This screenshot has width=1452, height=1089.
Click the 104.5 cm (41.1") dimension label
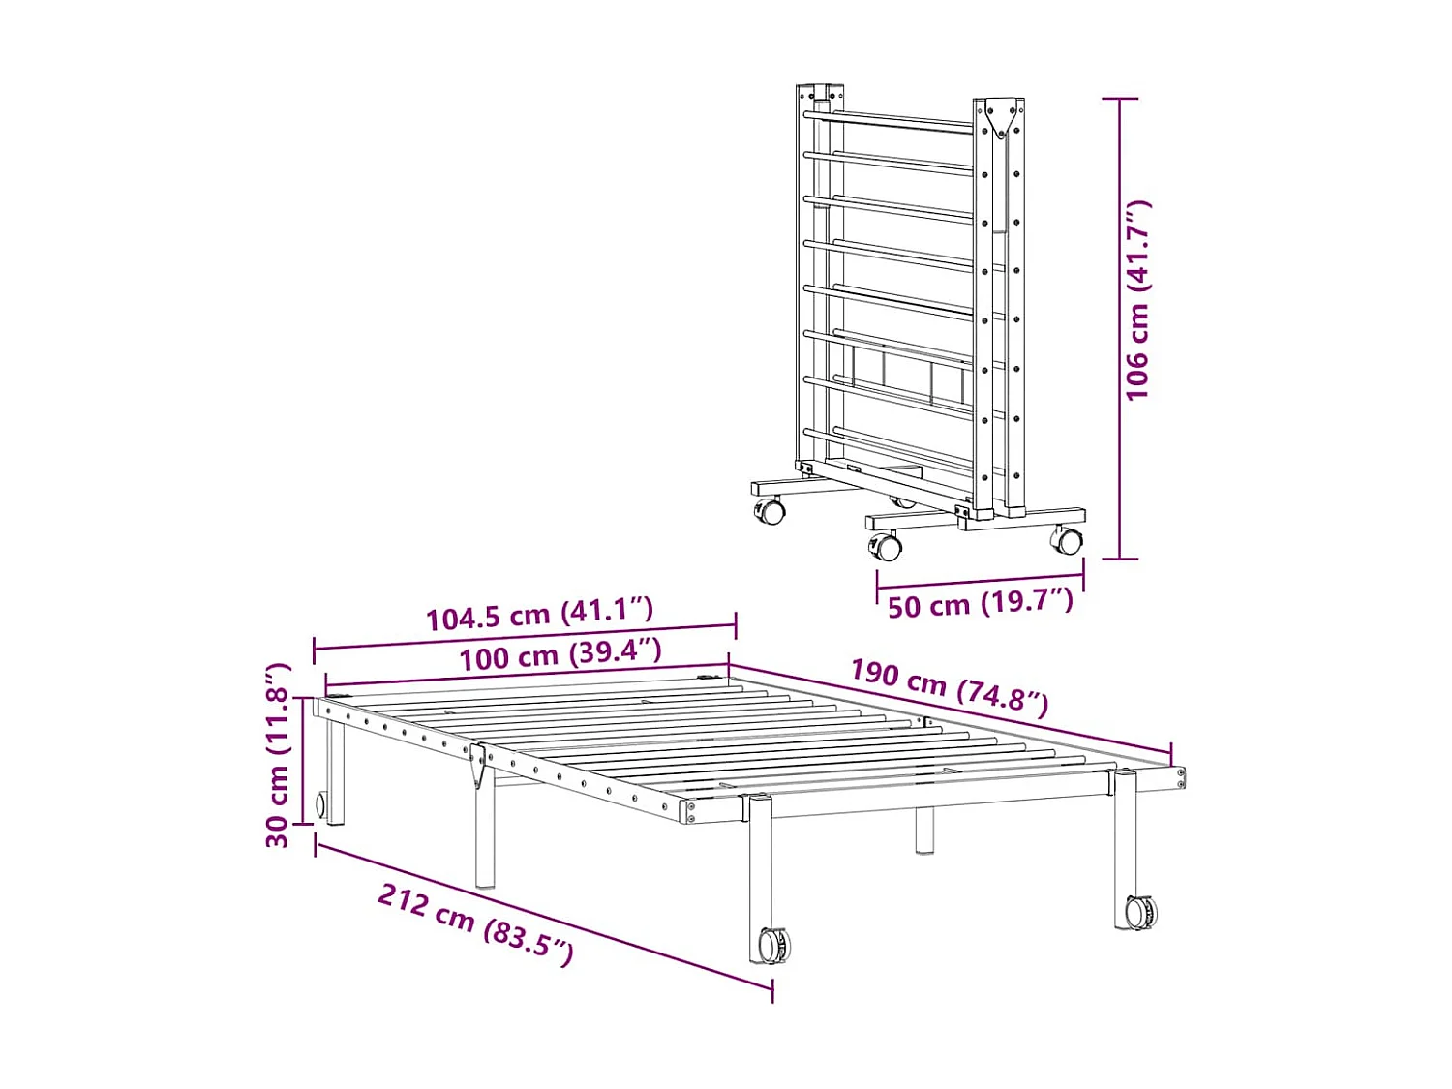click(539, 614)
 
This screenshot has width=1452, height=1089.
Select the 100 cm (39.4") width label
click(560, 655)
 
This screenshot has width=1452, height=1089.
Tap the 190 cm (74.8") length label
click(949, 685)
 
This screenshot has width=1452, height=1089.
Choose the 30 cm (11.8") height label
click(278, 755)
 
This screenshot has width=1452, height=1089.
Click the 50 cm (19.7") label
click(980, 604)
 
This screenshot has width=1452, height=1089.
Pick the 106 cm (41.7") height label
click(1138, 300)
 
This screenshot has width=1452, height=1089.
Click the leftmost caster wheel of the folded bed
click(771, 510)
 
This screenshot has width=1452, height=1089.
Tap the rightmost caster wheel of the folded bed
click(1068, 540)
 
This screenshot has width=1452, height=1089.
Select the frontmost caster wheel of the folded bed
click(886, 547)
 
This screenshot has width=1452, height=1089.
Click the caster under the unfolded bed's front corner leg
click(773, 945)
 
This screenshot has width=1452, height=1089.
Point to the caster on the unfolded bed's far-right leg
click(1141, 912)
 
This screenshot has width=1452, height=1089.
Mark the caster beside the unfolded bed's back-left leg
click(320, 804)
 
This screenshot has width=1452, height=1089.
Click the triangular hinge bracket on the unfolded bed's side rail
click(477, 766)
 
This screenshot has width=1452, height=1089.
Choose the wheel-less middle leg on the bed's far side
click(924, 831)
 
